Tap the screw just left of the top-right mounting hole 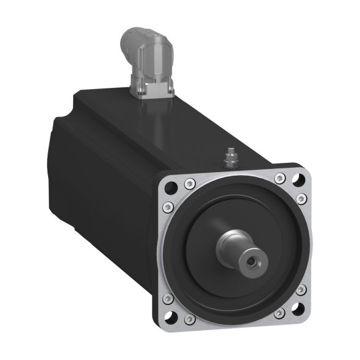[279, 178]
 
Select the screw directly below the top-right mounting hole [302, 198]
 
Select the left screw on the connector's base [139, 92]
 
